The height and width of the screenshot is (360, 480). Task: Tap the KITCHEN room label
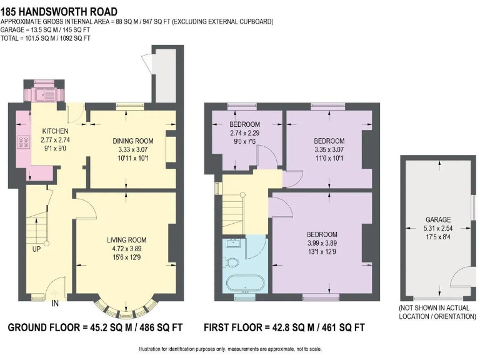click(x=55, y=131)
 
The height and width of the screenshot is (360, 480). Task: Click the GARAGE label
click(x=438, y=220)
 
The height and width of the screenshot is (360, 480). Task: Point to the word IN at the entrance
click(x=56, y=304)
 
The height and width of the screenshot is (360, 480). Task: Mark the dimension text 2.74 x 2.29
click(x=244, y=133)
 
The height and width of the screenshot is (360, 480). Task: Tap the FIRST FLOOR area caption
click(x=284, y=327)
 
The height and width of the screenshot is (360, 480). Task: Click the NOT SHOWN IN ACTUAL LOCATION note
click(x=437, y=312)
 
